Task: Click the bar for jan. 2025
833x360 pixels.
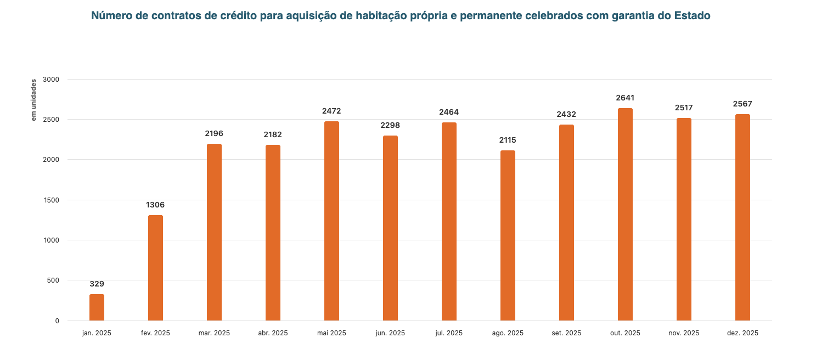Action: click(x=97, y=307)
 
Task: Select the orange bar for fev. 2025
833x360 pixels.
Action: click(x=155, y=268)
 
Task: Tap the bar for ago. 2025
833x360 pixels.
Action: click(x=508, y=235)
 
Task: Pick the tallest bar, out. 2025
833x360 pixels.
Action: click(x=625, y=214)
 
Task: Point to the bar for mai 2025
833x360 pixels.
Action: click(x=331, y=221)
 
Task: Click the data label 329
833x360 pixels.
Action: click(x=97, y=284)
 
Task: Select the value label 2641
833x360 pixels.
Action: click(x=625, y=98)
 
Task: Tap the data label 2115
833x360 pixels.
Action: click(x=508, y=140)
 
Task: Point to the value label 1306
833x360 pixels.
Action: click(x=155, y=205)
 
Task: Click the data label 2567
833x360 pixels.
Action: click(x=742, y=104)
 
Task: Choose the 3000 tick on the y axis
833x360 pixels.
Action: click(x=52, y=79)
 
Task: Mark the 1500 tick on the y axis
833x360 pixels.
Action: click(x=52, y=200)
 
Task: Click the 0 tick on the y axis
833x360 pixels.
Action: click(x=57, y=320)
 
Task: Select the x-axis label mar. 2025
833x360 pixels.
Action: click(x=214, y=333)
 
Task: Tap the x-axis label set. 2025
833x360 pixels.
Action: click(x=566, y=333)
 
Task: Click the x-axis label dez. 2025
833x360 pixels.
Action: click(x=742, y=333)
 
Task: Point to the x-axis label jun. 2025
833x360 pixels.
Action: click(x=390, y=333)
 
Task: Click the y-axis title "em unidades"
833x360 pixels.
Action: click(x=33, y=100)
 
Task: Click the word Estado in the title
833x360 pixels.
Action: click(x=693, y=16)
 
